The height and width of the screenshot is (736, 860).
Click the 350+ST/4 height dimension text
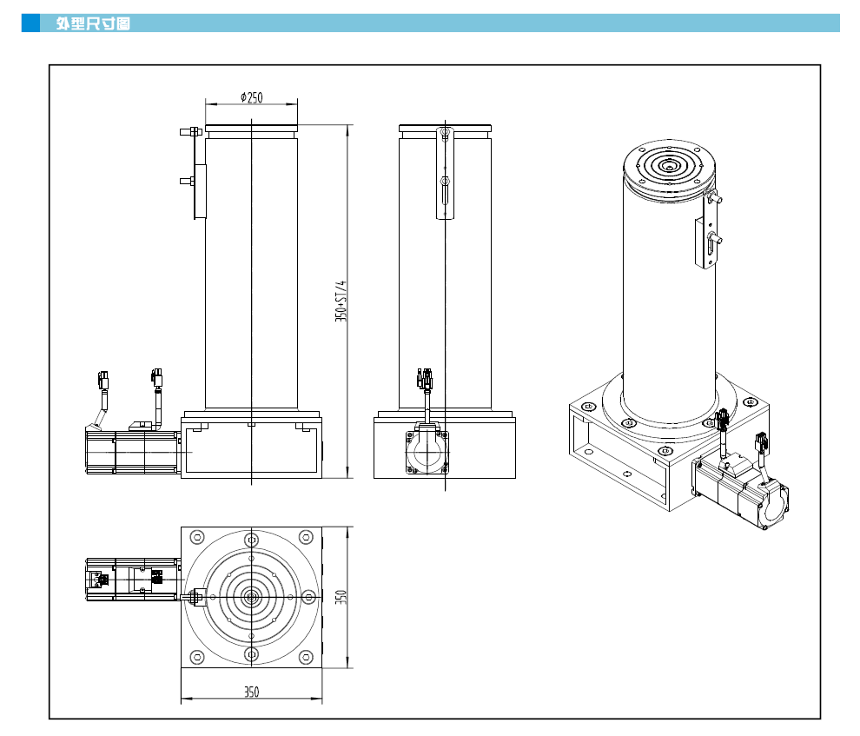341,302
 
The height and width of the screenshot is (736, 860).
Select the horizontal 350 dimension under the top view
251,692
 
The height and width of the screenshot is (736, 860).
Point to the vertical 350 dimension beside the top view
341,597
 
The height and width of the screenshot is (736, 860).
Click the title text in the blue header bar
93,23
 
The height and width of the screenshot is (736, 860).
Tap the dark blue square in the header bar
30,23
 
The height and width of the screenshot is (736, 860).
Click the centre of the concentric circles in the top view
252,596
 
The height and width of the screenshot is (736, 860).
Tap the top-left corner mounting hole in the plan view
196,537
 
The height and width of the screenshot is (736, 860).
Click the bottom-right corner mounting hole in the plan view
307,656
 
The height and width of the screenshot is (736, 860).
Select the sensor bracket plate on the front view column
200,191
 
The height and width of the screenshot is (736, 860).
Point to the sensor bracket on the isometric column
705,239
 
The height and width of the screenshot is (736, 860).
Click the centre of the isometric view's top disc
668,166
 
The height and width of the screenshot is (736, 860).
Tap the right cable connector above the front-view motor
156,378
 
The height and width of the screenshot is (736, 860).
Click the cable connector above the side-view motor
426,378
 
